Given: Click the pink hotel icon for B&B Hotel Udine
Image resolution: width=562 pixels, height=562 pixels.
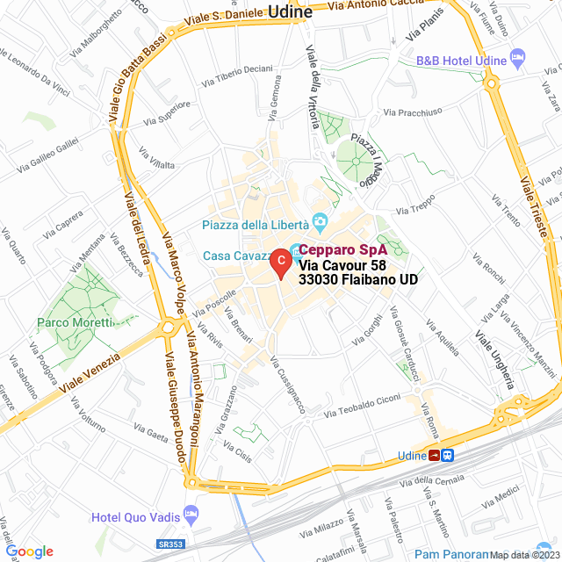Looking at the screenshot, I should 517,61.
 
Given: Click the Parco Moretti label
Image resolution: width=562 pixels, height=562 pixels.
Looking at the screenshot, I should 73,323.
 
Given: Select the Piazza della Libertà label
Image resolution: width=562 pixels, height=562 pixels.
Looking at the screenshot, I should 255,225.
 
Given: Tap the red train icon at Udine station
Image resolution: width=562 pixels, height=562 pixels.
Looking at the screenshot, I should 434,455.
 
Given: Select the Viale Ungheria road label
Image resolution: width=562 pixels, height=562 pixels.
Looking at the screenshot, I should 494,360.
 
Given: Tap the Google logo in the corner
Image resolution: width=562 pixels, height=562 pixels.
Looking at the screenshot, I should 29,551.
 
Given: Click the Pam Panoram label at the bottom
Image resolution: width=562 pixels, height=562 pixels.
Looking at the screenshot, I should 451,553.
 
